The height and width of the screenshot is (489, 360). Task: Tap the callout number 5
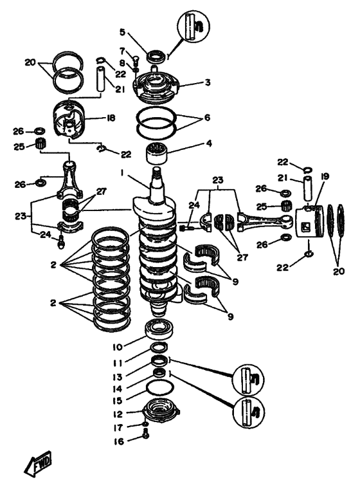tap(122, 32)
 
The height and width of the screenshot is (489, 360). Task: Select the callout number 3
tap(208, 82)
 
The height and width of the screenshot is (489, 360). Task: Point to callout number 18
tap(111, 118)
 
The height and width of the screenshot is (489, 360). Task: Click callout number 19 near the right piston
tap(325, 177)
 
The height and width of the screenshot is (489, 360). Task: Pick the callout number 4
tap(209, 143)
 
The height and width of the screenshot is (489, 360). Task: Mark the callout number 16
tap(119, 441)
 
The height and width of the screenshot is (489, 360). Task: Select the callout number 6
tap(207, 118)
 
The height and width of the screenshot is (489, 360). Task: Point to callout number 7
tap(122, 51)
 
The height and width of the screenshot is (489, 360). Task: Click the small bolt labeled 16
tap(145, 434)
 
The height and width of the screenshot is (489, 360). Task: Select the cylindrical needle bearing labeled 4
tap(156, 153)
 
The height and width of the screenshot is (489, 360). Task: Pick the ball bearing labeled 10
tap(159, 329)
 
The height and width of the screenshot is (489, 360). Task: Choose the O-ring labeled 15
tap(160, 388)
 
